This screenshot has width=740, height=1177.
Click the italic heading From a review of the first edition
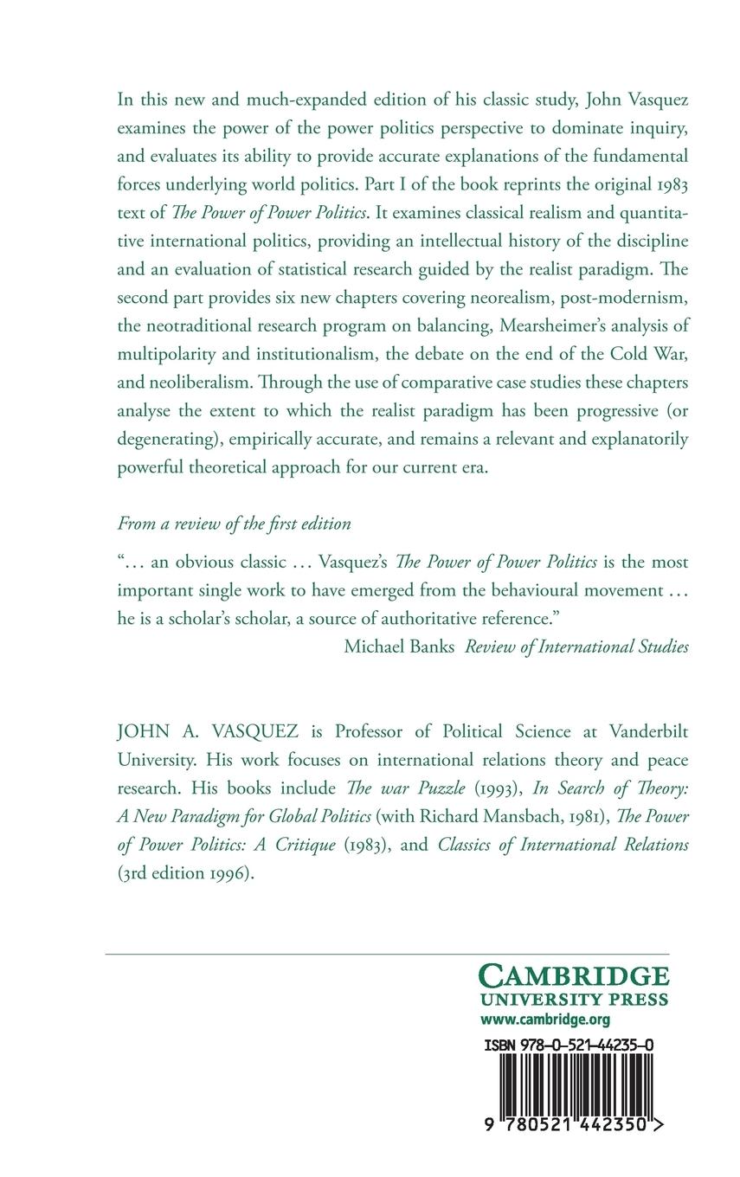(x=234, y=524)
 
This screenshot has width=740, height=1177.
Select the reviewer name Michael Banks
(x=399, y=646)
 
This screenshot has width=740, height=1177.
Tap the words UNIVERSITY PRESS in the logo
(x=575, y=1000)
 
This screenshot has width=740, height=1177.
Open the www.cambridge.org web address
(x=545, y=1019)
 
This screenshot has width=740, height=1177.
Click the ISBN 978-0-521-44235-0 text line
(x=569, y=1045)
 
